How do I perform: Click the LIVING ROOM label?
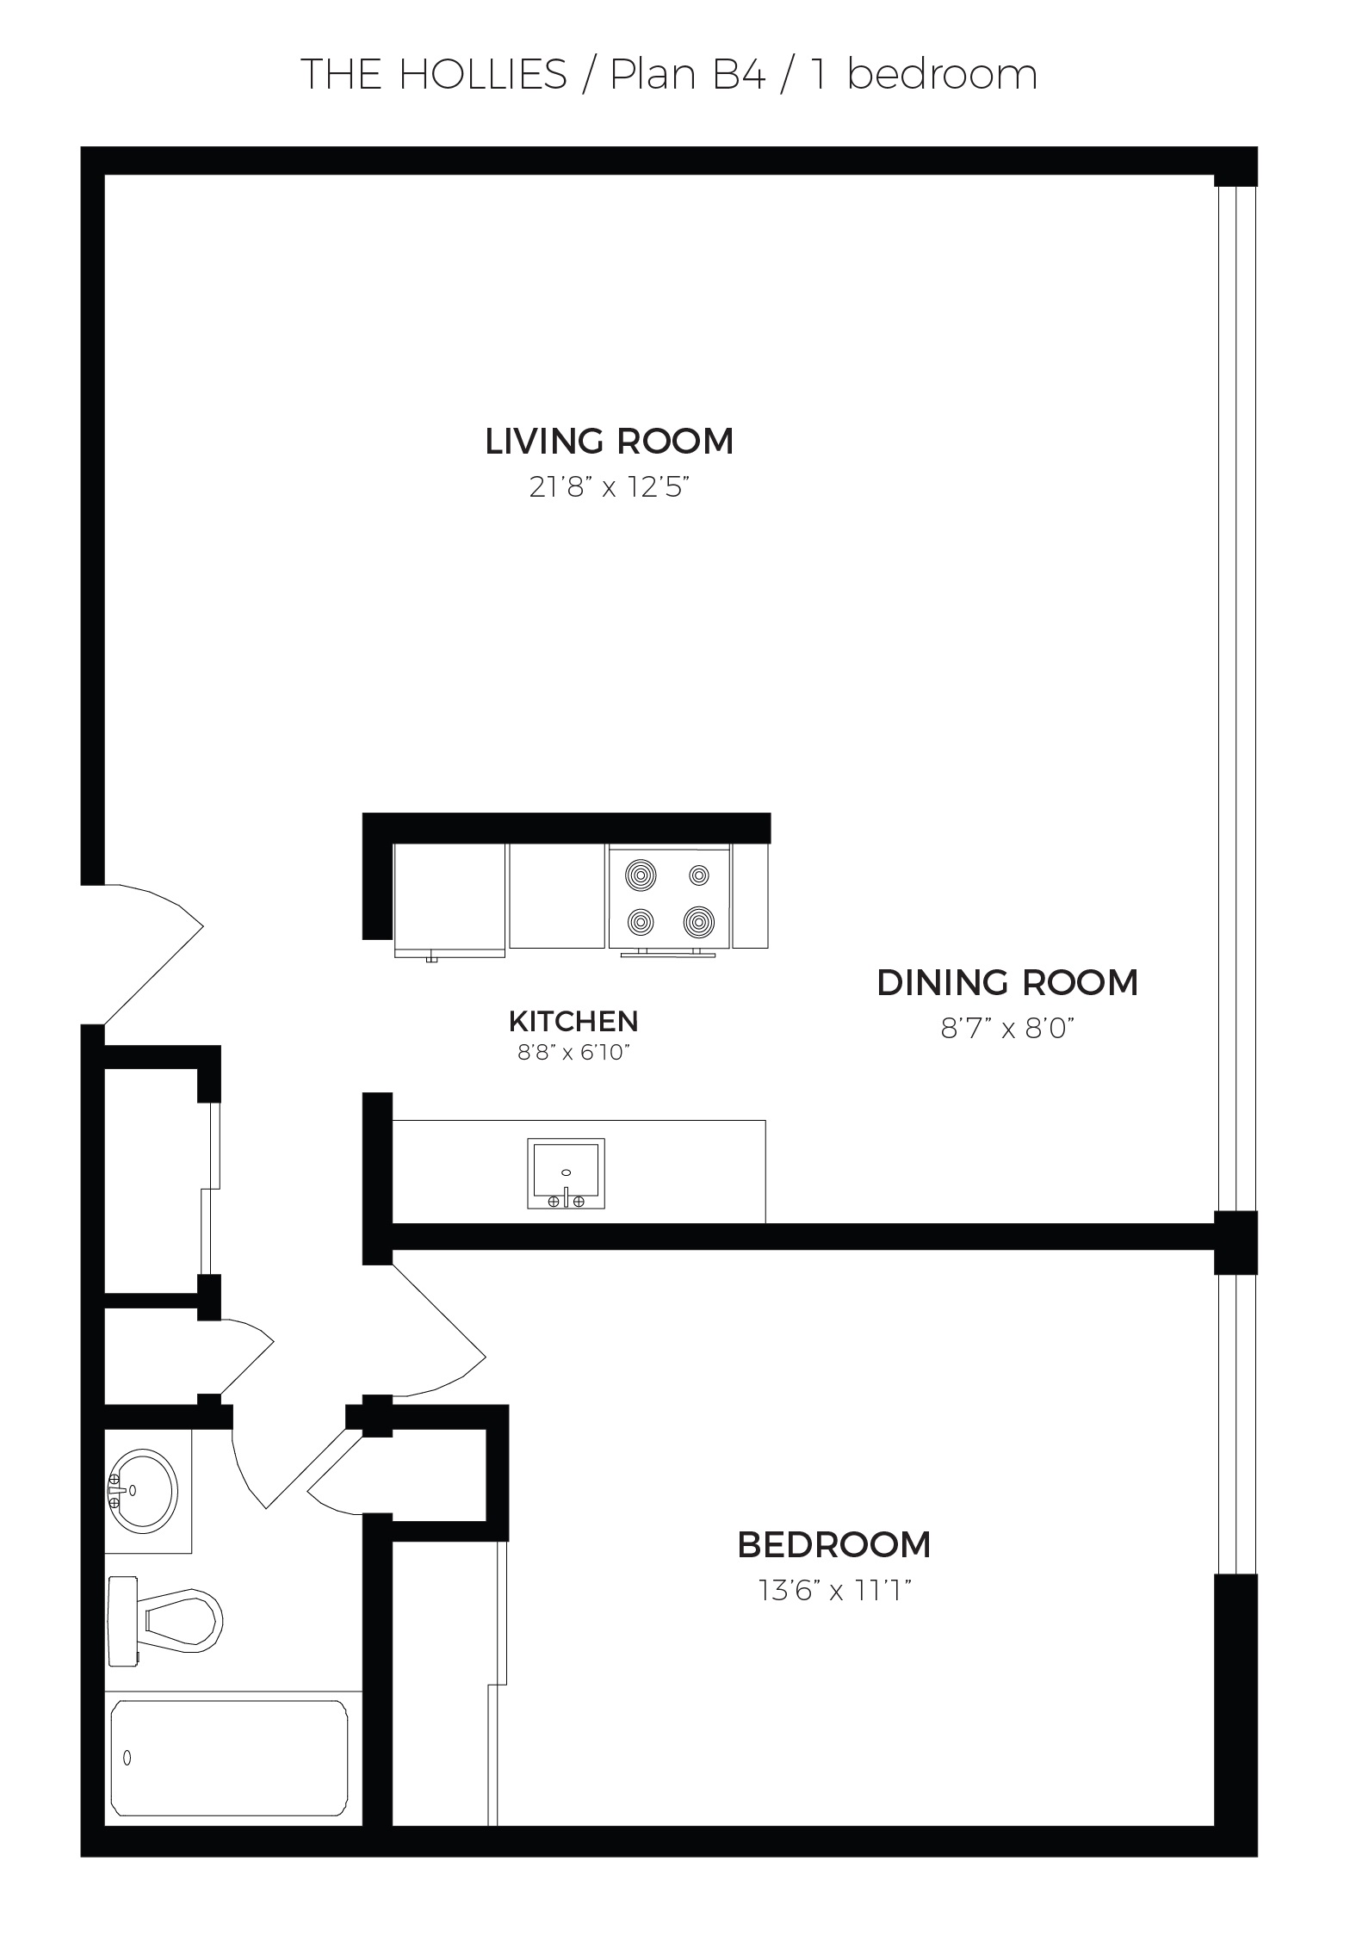[x=609, y=441]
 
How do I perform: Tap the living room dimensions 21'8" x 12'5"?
[x=610, y=488]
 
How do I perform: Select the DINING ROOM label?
[x=1007, y=982]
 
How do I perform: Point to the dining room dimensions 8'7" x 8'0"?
[x=1008, y=1029]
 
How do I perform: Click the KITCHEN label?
[x=573, y=1021]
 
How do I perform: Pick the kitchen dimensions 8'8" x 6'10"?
[x=574, y=1053]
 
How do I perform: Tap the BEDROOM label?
[x=834, y=1545]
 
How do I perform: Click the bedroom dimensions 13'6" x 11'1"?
[x=834, y=1592]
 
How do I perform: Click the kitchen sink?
[x=566, y=1173]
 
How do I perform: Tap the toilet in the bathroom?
[x=164, y=1622]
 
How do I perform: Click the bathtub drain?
[x=127, y=1759]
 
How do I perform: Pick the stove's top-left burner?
[x=641, y=875]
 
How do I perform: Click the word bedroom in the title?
[x=942, y=75]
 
